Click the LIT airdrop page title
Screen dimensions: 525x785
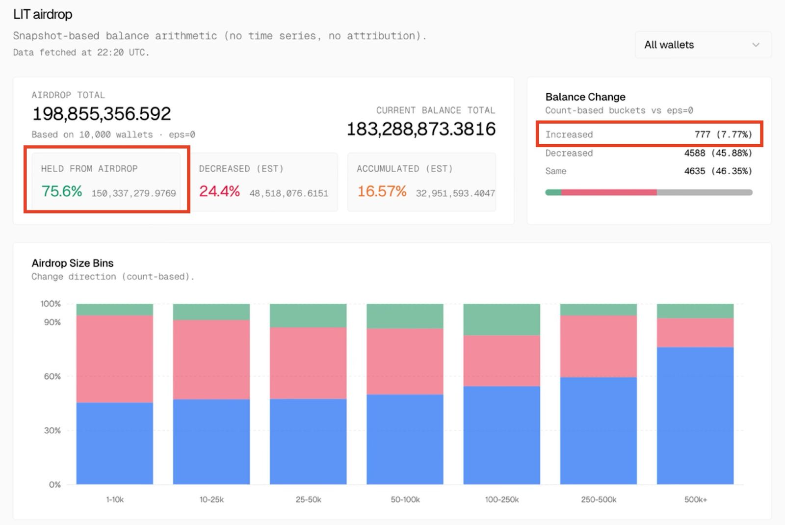[43, 15]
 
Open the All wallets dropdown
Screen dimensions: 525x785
[703, 45]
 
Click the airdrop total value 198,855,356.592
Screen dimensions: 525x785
[102, 114]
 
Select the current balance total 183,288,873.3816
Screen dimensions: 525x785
[421, 129]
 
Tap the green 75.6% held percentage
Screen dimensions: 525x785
[62, 191]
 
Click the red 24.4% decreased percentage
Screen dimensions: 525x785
[219, 191]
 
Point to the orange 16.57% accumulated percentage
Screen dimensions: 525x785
[382, 191]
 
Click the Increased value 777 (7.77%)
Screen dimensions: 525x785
[723, 134]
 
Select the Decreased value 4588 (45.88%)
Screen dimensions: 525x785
[718, 153]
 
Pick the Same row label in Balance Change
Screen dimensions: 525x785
[556, 171]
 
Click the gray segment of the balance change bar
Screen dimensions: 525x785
[704, 192]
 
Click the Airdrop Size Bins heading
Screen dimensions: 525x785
[73, 263]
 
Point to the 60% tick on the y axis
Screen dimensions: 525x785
[52, 376]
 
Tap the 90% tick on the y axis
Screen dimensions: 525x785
[52, 322]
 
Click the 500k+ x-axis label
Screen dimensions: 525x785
[695, 499]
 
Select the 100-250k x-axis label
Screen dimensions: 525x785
[501, 499]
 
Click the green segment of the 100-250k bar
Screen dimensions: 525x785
[501, 319]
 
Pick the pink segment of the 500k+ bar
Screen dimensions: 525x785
[695, 333]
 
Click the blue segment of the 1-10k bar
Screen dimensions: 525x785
[114, 443]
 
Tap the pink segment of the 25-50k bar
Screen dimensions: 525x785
[308, 363]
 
